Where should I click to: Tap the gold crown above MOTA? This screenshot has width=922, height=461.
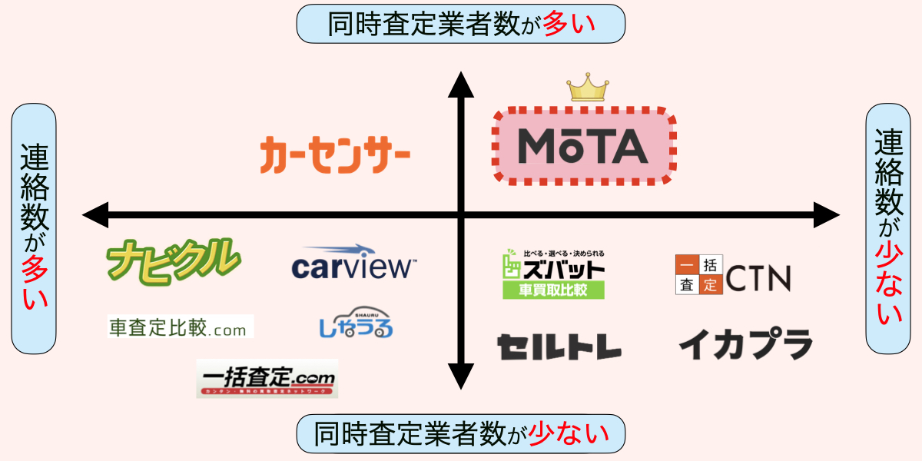pos(587,88)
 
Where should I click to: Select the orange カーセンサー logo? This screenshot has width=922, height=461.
pos(334,154)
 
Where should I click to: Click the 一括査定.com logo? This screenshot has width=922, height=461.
pos(267,378)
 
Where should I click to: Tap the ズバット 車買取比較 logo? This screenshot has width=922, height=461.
pos(553,274)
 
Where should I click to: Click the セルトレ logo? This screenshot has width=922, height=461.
pos(559,347)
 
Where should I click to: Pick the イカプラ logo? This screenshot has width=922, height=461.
pos(745,344)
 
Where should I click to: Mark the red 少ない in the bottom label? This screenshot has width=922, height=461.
pos(569,435)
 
